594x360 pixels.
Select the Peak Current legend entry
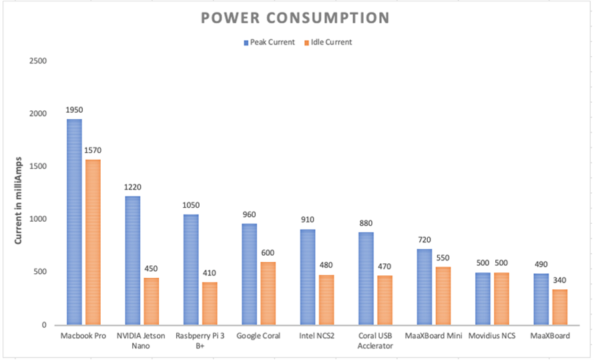pyautogui.click(x=269, y=42)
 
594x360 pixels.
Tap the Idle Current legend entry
pyautogui.click(x=327, y=42)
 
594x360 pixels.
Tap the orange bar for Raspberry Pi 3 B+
pyautogui.click(x=210, y=303)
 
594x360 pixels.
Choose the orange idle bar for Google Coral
pyautogui.click(x=268, y=293)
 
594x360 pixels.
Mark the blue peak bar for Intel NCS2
pyautogui.click(x=307, y=277)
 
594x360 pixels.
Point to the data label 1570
pyautogui.click(x=93, y=151)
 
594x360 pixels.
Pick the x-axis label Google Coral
pyautogui.click(x=258, y=335)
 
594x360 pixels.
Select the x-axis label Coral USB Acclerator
pyautogui.click(x=375, y=340)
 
